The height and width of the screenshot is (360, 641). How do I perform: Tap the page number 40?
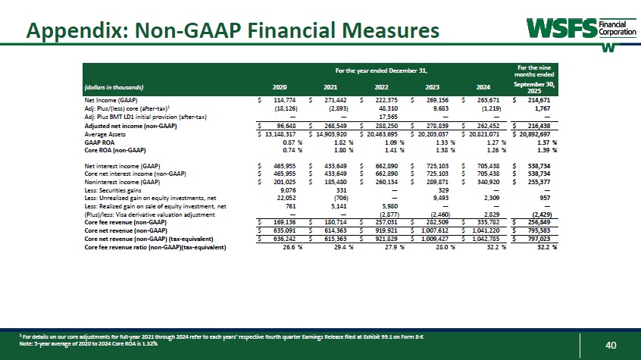(611, 346)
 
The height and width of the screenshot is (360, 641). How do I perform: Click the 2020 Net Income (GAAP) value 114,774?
(279, 100)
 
